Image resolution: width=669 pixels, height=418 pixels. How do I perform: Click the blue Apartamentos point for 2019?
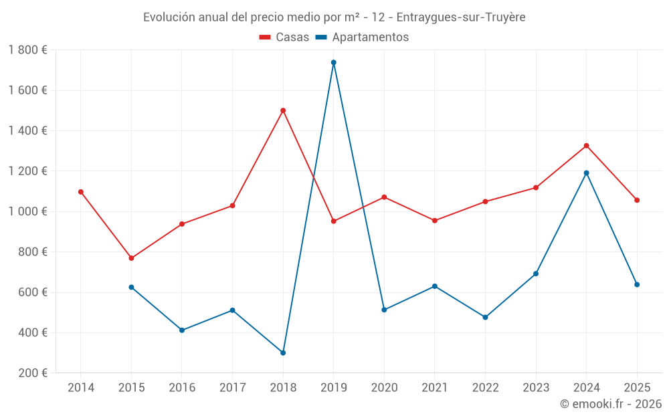click(x=333, y=62)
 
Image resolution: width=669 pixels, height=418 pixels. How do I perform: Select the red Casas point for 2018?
click(x=283, y=110)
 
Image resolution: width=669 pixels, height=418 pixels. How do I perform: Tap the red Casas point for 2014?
click(x=81, y=192)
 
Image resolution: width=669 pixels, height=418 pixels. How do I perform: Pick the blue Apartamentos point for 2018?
click(x=283, y=352)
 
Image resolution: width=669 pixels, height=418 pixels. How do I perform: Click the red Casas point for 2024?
click(x=587, y=146)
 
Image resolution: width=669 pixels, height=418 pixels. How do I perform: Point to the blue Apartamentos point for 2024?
click(x=587, y=173)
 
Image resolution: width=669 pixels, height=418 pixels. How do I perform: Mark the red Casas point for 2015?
click(x=131, y=258)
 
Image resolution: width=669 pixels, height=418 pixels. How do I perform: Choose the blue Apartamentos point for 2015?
click(x=131, y=287)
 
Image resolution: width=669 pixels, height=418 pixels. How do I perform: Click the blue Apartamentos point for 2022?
click(x=485, y=317)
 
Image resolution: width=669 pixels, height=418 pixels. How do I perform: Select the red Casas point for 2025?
click(x=637, y=200)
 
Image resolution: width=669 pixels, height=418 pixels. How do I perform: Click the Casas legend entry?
click(x=284, y=37)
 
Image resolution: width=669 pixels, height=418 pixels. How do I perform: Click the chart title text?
click(x=334, y=17)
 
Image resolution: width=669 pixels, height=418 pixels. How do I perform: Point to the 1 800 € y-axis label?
click(x=28, y=50)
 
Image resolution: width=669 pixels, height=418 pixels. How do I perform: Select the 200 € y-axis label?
click(x=32, y=373)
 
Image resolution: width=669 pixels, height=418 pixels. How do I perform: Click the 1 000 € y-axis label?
click(x=28, y=211)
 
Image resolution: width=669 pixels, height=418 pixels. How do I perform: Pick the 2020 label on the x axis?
click(x=384, y=387)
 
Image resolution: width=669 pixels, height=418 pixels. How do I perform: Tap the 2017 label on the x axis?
click(x=232, y=387)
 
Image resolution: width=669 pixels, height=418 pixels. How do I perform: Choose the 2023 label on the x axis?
click(x=536, y=387)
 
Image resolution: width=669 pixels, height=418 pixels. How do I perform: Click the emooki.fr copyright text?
click(x=610, y=404)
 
